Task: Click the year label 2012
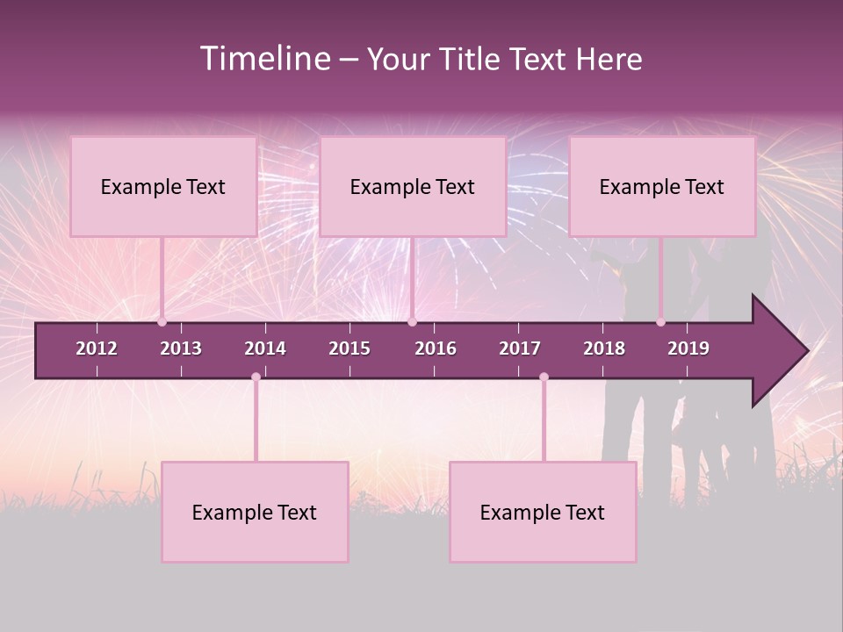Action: coord(97,348)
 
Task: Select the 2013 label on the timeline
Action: coord(181,348)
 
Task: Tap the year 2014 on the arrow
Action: coord(265,348)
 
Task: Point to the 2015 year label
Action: coord(349,348)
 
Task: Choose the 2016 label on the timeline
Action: coord(436,348)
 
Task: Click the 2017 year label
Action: coord(520,348)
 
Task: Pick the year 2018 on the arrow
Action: coord(604,348)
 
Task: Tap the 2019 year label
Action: coord(688,348)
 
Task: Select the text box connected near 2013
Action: coord(163,186)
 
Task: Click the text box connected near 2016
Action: coord(413,186)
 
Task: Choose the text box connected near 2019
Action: coord(662,186)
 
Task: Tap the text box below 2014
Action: coord(255,512)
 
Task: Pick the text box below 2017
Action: coord(543,512)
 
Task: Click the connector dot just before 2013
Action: coord(162,322)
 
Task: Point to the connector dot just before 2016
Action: coord(412,322)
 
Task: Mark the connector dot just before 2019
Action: coord(660,322)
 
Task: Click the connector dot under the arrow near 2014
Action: coord(256,377)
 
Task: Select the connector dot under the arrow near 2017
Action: coord(544,377)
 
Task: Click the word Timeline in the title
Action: coord(264,59)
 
